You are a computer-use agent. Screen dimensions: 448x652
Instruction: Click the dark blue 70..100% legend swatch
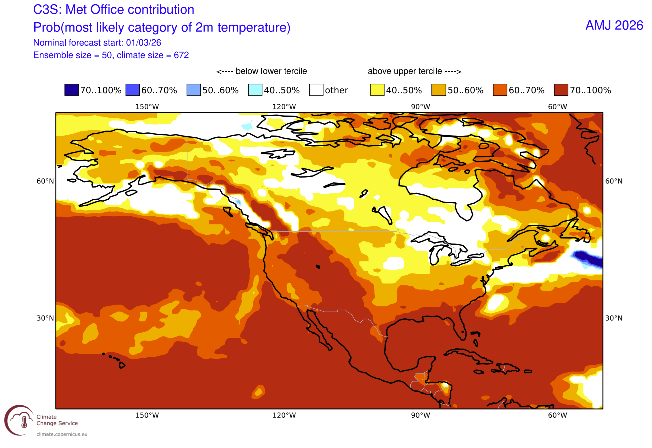pyautogui.click(x=71, y=90)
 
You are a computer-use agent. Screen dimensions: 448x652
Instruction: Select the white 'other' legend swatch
pyautogui.click(x=316, y=90)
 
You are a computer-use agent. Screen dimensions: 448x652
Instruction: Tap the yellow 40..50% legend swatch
pyautogui.click(x=377, y=90)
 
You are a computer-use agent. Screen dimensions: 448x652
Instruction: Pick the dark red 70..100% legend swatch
pyautogui.click(x=561, y=90)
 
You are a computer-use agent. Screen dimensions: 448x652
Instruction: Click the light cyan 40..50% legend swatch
pyautogui.click(x=255, y=90)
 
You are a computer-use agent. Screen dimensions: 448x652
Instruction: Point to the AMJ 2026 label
pyautogui.click(x=614, y=26)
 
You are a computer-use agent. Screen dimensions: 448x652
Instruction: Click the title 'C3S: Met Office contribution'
pyautogui.click(x=113, y=9)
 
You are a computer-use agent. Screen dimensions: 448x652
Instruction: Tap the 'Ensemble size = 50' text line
pyautogui.click(x=111, y=55)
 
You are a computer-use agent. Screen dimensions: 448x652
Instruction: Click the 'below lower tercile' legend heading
pyautogui.click(x=261, y=71)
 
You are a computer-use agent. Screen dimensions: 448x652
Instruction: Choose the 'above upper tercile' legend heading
pyautogui.click(x=414, y=71)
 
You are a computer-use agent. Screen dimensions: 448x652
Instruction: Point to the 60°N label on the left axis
pyautogui.click(x=45, y=181)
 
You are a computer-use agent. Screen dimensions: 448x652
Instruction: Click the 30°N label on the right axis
pyautogui.click(x=614, y=318)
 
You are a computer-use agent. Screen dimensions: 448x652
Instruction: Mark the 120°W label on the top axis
pyautogui.click(x=284, y=106)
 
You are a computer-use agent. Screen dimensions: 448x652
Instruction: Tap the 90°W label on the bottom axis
pyautogui.click(x=420, y=415)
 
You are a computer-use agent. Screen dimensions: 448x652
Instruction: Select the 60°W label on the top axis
pyautogui.click(x=557, y=106)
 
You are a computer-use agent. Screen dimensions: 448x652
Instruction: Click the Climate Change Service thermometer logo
pyautogui.click(x=19, y=421)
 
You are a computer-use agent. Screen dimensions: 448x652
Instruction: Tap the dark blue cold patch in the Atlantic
pyautogui.click(x=586, y=257)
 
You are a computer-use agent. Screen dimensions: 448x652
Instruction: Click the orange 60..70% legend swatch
pyautogui.click(x=500, y=90)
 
